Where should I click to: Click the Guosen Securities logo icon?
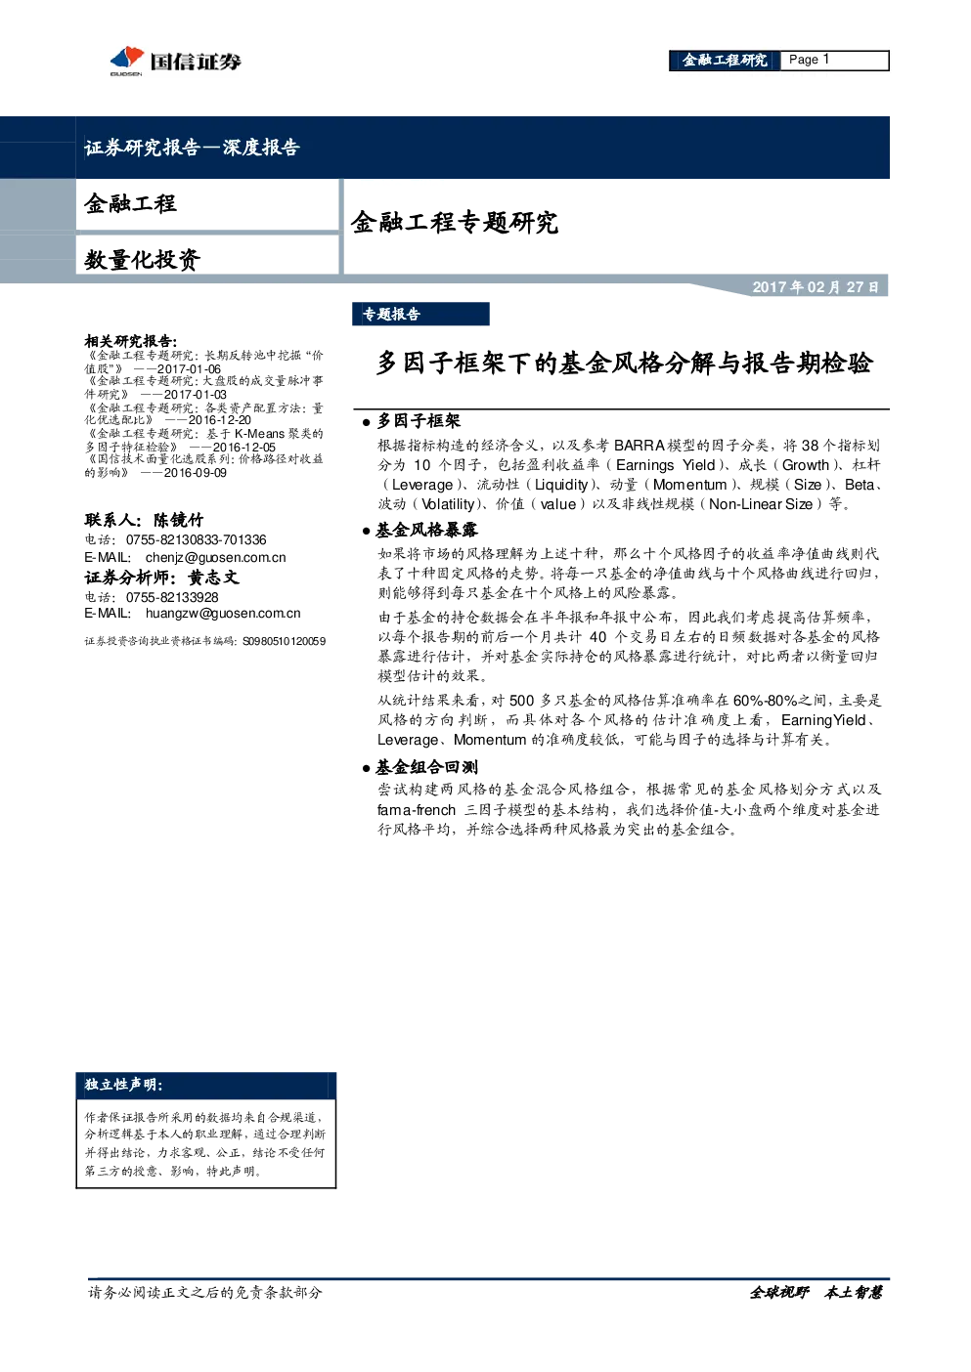[127, 60]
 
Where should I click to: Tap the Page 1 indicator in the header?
[809, 60]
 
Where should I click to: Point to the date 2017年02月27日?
[816, 287]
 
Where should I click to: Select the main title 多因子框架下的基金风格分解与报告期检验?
[624, 364]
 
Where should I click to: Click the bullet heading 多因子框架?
[419, 421]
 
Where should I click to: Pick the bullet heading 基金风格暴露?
[426, 530]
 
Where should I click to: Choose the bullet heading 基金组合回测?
[426, 767]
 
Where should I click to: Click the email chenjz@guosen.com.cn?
[215, 557]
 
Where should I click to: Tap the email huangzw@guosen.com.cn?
[223, 613]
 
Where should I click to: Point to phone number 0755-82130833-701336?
[197, 539]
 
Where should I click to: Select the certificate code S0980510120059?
[284, 641]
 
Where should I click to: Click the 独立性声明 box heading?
[123, 1084]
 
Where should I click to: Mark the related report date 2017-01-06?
[189, 369]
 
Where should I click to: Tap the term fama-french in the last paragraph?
[417, 810]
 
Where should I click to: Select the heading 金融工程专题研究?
[455, 222]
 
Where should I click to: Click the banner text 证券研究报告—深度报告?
[192, 147]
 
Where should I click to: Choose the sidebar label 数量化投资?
[142, 260]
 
